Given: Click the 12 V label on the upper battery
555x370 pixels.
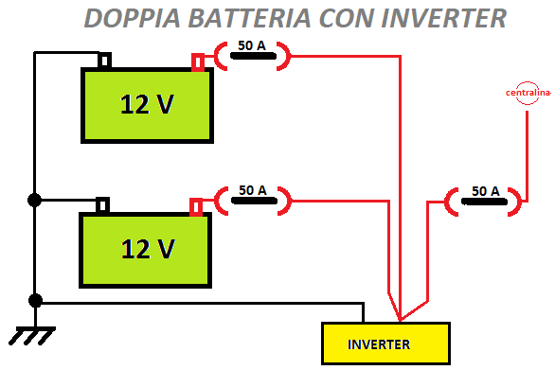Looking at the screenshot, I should click(x=147, y=104).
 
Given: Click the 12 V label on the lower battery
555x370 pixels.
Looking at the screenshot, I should click(x=147, y=249).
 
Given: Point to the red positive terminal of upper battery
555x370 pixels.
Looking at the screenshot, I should click(x=198, y=62).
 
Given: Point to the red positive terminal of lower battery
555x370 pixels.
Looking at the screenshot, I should click(x=197, y=206).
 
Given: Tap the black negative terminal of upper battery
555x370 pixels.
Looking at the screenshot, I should click(x=104, y=62).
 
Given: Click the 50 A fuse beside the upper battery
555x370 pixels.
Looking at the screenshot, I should click(x=251, y=54).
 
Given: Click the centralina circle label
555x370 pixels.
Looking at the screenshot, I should click(x=528, y=93).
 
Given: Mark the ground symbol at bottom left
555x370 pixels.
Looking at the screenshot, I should click(x=31, y=335).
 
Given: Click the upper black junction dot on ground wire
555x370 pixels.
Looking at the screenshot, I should click(x=35, y=200).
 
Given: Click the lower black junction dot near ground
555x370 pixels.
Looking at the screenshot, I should click(x=35, y=300).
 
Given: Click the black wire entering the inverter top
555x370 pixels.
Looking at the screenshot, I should click(x=364, y=313).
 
